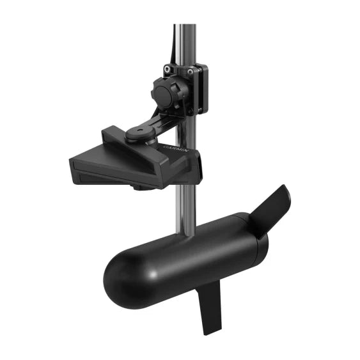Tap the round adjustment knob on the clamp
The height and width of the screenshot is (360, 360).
point(166,95)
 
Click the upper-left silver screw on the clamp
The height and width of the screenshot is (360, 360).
point(168,68)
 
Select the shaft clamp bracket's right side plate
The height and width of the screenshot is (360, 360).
point(203,90)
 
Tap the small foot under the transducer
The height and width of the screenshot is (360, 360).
point(138,187)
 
